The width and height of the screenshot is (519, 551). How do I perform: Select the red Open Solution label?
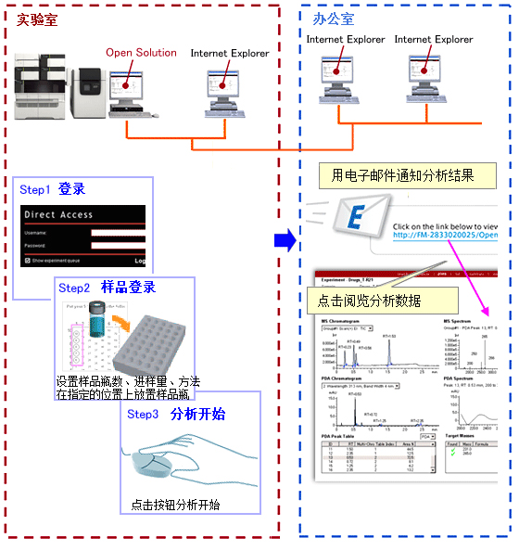(141, 53)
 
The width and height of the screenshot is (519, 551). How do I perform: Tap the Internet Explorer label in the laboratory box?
(230, 54)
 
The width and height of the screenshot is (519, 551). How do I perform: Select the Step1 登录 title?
(53, 189)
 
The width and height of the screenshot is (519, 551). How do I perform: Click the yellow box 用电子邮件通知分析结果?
(408, 174)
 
